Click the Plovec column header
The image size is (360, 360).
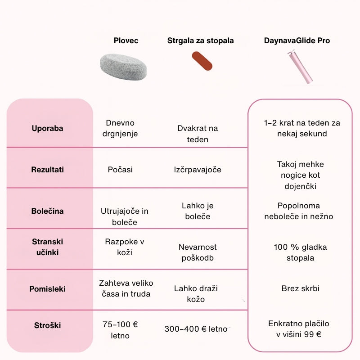click(x=126, y=41)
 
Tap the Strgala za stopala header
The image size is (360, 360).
click(x=201, y=41)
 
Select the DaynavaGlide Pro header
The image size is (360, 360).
click(x=297, y=41)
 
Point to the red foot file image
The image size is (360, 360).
click(x=202, y=61)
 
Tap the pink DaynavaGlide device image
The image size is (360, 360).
click(x=300, y=67)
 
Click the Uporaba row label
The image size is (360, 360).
click(x=47, y=128)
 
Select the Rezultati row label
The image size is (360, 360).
click(x=47, y=170)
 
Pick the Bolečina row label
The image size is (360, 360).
click(x=47, y=211)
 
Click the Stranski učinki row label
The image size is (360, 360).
click(x=47, y=247)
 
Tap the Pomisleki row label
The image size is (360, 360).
click(x=47, y=289)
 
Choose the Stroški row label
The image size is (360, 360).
click(x=47, y=325)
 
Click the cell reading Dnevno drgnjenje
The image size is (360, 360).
click(x=120, y=128)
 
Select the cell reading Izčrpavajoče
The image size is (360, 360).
click(x=198, y=170)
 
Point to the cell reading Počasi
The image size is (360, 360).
click(x=120, y=170)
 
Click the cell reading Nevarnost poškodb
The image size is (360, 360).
click(x=198, y=252)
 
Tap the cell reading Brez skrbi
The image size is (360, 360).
click(x=301, y=288)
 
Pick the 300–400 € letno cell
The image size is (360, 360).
click(x=196, y=329)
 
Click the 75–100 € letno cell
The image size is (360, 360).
click(x=120, y=330)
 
